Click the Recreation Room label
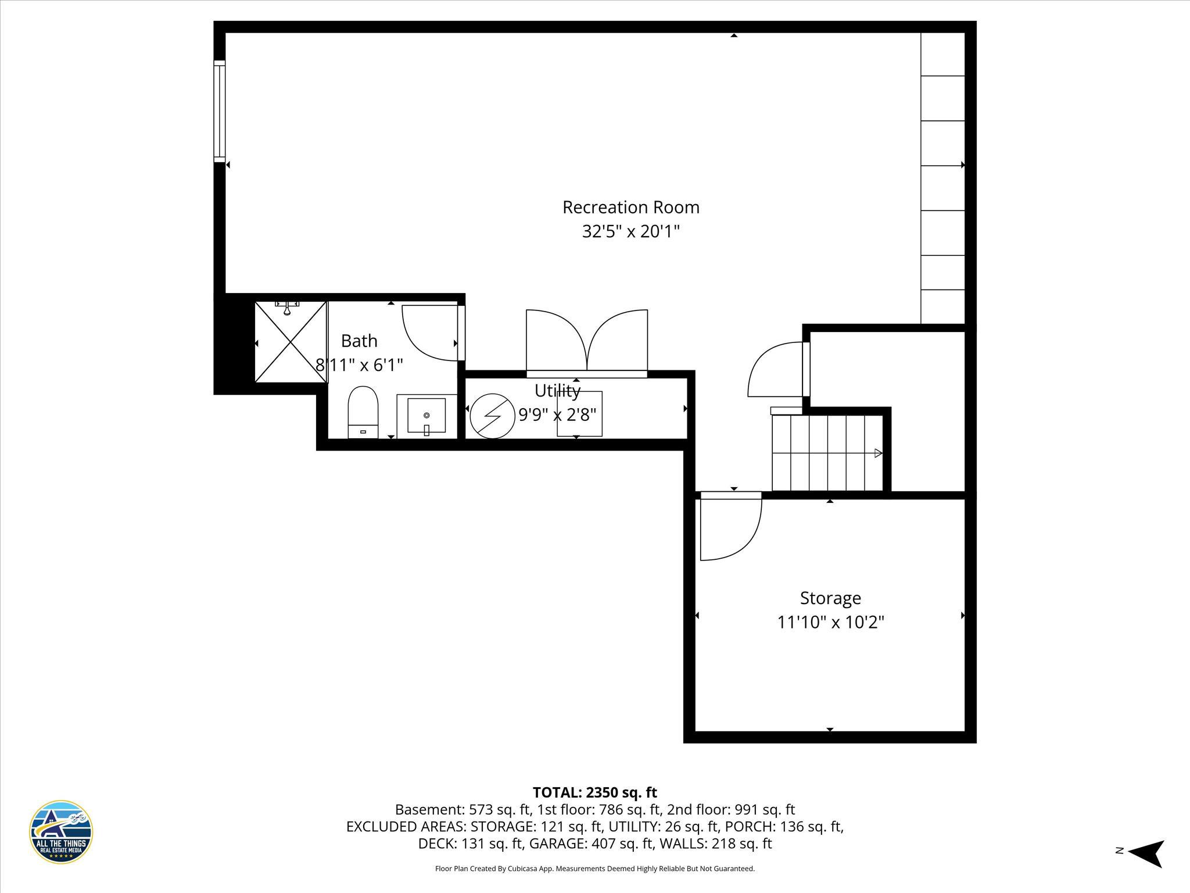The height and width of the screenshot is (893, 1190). tap(630, 208)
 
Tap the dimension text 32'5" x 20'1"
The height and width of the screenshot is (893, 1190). tap(630, 232)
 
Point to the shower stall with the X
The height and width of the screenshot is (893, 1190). tap(291, 342)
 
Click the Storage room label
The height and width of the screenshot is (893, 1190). tap(830, 598)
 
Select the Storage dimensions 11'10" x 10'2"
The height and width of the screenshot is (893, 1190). tap(830, 623)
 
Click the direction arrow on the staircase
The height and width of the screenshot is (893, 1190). tap(877, 453)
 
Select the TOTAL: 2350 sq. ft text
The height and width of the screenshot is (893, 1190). tap(594, 792)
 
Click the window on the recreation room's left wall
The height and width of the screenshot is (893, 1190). tap(219, 111)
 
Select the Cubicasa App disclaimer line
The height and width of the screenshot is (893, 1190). tap(594, 869)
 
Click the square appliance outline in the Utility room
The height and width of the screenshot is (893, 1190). tap(579, 414)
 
